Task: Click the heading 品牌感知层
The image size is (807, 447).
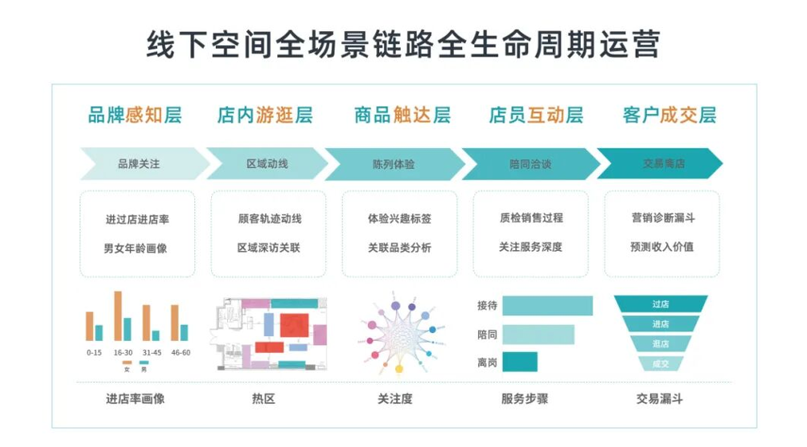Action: (135, 115)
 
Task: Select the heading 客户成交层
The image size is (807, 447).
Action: (669, 115)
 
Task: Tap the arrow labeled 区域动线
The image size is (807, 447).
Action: (267, 164)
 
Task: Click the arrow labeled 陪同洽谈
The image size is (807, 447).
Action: (531, 164)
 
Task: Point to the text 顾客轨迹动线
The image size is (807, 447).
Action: (269, 218)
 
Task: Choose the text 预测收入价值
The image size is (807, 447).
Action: (661, 247)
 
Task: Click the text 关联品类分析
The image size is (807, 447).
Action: (399, 248)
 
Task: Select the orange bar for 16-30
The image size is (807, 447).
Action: (118, 316)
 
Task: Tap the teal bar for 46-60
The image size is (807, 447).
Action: (184, 332)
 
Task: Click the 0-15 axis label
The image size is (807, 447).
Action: (94, 352)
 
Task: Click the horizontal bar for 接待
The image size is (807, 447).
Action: (547, 306)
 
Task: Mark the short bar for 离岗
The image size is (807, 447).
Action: (519, 362)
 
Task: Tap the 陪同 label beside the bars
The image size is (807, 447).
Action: (487, 334)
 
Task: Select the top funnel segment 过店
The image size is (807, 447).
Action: (660, 304)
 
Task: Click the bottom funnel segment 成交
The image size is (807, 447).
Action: (660, 363)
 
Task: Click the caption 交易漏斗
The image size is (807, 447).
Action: (660, 398)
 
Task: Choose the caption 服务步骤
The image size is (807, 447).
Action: (524, 398)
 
